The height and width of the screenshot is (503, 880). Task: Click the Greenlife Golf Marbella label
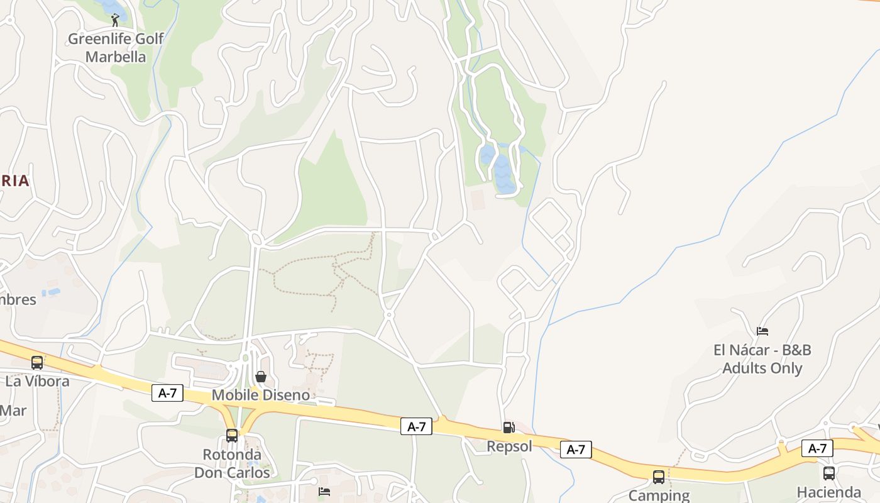pyautogui.click(x=116, y=48)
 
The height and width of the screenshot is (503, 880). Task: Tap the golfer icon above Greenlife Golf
pyautogui.click(x=115, y=21)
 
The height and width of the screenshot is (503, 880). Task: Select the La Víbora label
pyautogui.click(x=37, y=381)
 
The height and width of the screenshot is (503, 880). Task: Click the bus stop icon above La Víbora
pyautogui.click(x=37, y=363)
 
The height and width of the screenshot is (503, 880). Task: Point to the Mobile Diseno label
pyautogui.click(x=260, y=395)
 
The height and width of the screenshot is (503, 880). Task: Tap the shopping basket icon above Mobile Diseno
pyautogui.click(x=260, y=377)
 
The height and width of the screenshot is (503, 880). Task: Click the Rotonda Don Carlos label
pyautogui.click(x=232, y=463)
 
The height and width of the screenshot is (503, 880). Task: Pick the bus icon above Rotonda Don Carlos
pyautogui.click(x=232, y=435)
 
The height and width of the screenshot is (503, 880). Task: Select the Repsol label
pyautogui.click(x=509, y=446)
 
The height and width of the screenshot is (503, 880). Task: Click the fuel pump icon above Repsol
pyautogui.click(x=509, y=428)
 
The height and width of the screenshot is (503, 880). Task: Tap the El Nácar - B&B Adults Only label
pyautogui.click(x=762, y=359)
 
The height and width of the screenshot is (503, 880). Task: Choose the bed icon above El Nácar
pyautogui.click(x=762, y=331)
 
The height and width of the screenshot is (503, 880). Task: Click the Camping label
pyautogui.click(x=658, y=495)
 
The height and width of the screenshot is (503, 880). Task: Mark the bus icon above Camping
pyautogui.click(x=658, y=477)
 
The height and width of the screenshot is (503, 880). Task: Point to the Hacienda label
pyautogui.click(x=828, y=492)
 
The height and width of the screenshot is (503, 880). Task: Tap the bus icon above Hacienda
pyautogui.click(x=829, y=473)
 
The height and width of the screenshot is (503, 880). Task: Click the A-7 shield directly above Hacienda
pyautogui.click(x=817, y=448)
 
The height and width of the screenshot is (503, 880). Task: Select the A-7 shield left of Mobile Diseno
pyautogui.click(x=167, y=394)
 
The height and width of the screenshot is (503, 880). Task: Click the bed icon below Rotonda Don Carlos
pyautogui.click(x=324, y=491)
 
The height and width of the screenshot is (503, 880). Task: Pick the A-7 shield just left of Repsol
pyautogui.click(x=416, y=427)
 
